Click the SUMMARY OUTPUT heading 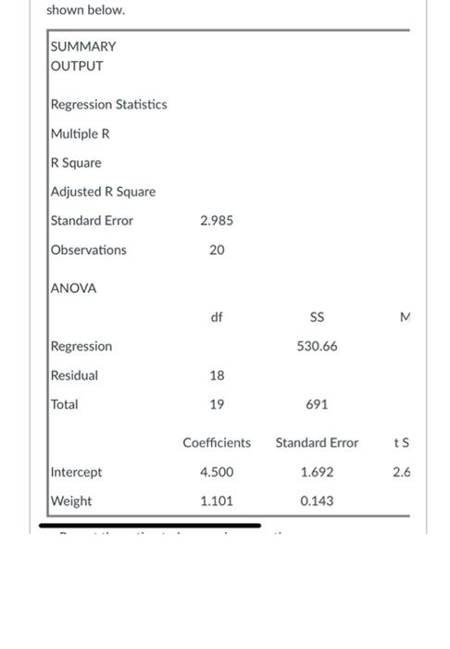(83, 56)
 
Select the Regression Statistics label (109, 105)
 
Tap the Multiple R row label (81, 134)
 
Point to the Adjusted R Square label (104, 192)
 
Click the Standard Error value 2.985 (217, 221)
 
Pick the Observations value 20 (217, 250)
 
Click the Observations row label (89, 250)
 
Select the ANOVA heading (74, 288)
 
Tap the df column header (217, 317)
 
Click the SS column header (317, 317)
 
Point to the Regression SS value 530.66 (317, 346)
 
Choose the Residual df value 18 (217, 375)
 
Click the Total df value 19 (217, 405)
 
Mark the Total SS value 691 (317, 405)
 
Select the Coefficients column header (217, 443)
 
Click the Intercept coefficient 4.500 (217, 473)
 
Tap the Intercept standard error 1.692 (317, 473)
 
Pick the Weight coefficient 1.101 (217, 502)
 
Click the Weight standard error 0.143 (317, 502)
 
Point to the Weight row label (71, 502)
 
